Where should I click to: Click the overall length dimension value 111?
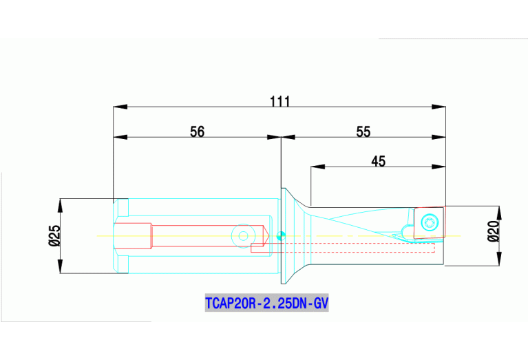[279, 101]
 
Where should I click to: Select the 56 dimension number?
[198, 132]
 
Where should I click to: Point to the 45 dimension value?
[378, 161]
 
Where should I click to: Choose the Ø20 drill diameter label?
[492, 231]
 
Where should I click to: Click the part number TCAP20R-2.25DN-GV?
[267, 303]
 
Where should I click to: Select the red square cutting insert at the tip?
[430, 222]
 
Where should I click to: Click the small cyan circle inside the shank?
[242, 235]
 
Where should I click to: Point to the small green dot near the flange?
[279, 237]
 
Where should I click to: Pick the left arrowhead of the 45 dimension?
[317, 167]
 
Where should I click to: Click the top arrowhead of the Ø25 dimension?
[61, 204]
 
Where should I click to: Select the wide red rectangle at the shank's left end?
[133, 236]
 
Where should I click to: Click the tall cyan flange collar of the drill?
[283, 235]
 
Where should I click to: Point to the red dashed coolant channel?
[344, 243]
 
